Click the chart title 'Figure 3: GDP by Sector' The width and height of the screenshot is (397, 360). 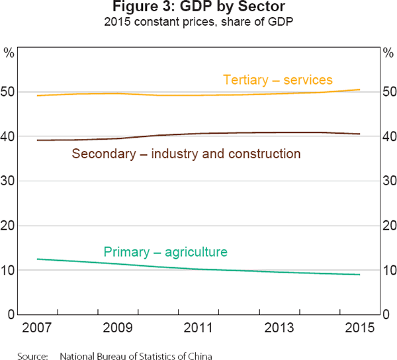point(198,9)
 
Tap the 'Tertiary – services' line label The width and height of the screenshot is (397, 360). point(277,80)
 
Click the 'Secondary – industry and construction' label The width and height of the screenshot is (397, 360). point(186,154)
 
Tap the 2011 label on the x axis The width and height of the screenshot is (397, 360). point(198,328)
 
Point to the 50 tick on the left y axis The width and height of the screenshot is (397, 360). point(9,92)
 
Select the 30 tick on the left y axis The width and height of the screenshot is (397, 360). point(9,181)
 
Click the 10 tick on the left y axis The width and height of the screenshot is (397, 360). point(9,271)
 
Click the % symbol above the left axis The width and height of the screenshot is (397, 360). point(9,51)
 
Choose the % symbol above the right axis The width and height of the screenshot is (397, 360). point(388,51)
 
